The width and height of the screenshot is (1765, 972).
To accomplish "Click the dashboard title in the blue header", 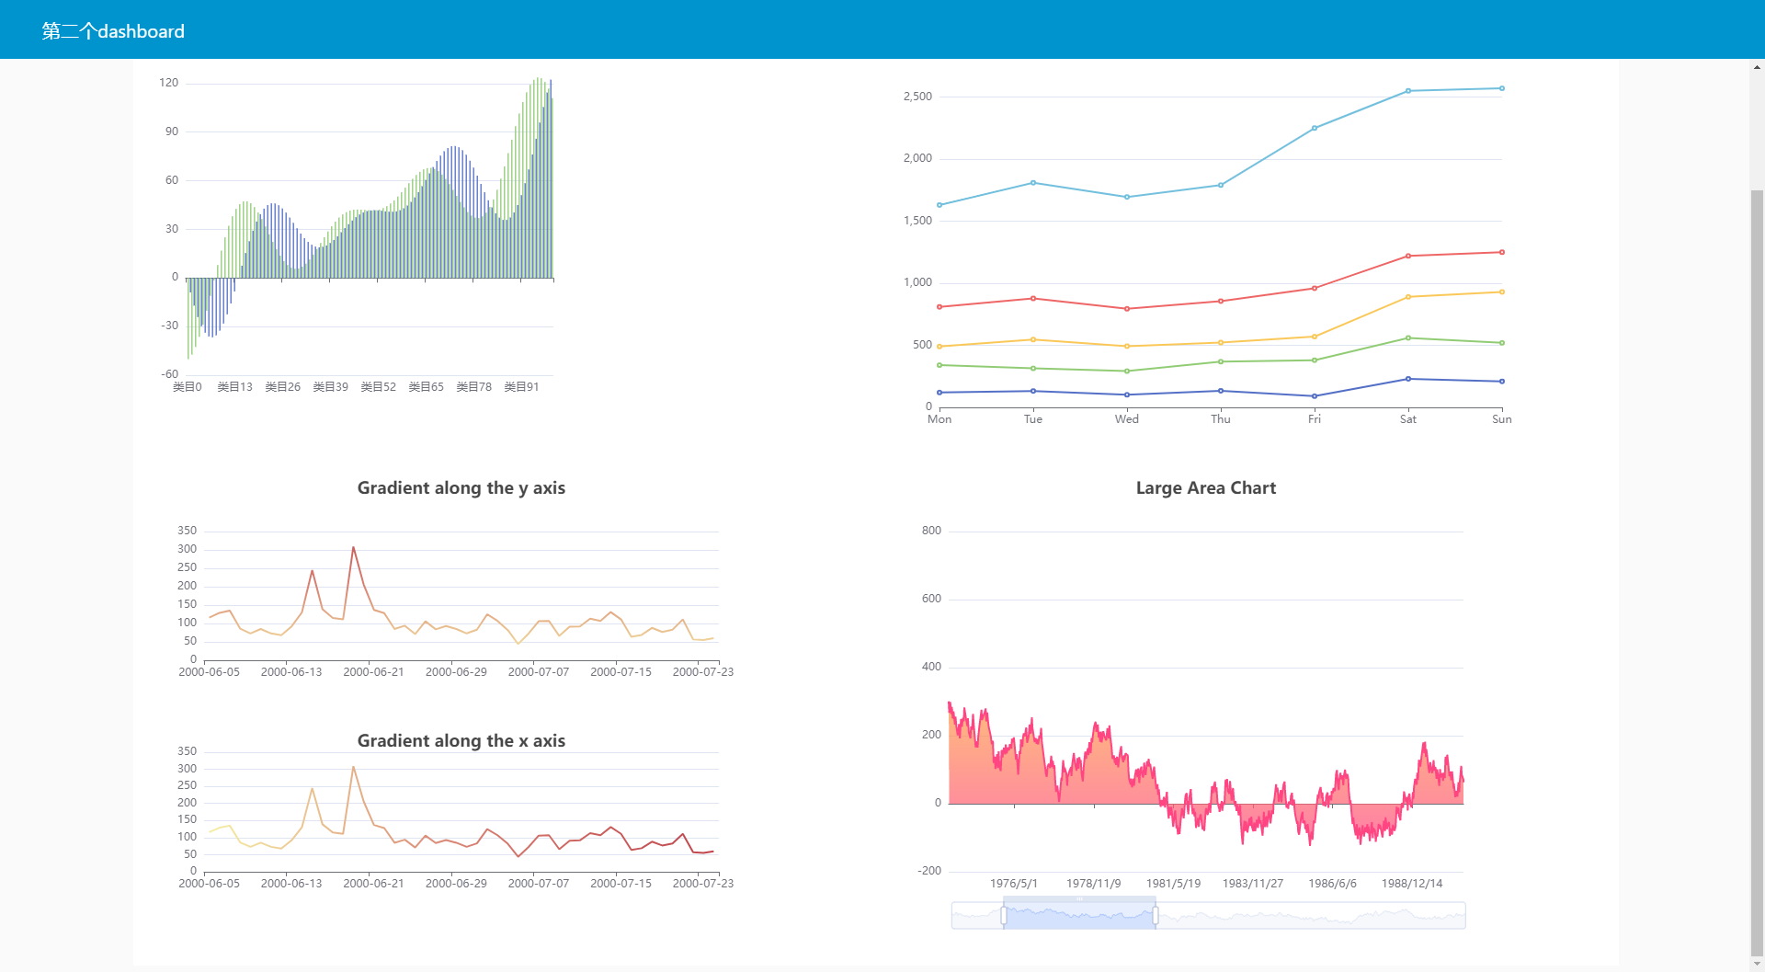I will [113, 31].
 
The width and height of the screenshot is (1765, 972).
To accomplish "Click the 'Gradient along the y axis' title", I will [461, 488].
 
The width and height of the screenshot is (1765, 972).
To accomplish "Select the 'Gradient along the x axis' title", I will [461, 741].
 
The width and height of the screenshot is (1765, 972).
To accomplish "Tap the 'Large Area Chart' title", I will [1205, 488].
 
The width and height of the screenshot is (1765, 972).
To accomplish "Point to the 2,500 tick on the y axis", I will [917, 97].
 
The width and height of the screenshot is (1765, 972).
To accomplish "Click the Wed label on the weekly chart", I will [1126, 419].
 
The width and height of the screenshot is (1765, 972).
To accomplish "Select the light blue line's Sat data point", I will [1407, 91].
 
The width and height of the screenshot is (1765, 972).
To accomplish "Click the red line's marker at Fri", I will [1314, 289].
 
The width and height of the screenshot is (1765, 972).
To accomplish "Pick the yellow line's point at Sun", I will [1501, 292].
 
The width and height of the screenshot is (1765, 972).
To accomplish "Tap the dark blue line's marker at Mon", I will [939, 393].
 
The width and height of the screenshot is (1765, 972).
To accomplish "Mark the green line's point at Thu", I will [1220, 361].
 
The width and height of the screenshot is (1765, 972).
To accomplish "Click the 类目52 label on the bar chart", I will [378, 387].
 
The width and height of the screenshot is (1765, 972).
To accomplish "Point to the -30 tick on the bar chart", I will [169, 326].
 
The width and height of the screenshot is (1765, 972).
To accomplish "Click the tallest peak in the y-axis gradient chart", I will [353, 548].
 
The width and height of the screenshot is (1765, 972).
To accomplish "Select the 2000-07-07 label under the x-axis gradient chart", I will [538, 884].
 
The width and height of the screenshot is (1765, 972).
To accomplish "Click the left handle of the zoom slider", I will [1003, 916].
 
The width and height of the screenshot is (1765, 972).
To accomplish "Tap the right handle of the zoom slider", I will [1155, 916].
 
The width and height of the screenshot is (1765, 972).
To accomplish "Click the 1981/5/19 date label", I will [1173, 884].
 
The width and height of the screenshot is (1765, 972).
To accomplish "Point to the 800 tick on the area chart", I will [931, 531].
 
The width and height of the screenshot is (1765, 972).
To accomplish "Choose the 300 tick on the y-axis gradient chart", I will [187, 549].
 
